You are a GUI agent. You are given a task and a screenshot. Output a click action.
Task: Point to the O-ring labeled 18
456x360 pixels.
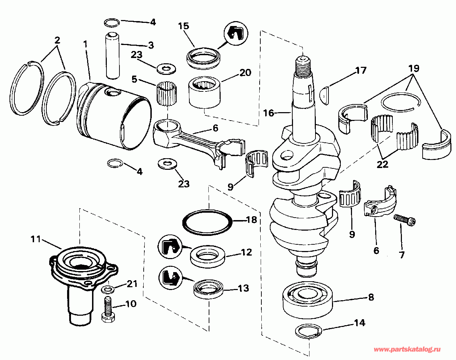tap(207, 223)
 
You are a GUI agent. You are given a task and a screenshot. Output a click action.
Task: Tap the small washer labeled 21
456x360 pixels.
tap(108, 289)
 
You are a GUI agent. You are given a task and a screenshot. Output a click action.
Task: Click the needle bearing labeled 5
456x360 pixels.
tap(167, 94)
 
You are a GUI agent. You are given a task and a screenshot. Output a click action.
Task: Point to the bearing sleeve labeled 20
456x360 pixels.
tap(204, 92)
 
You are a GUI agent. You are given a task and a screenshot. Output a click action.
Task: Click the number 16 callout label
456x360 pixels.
tap(269, 113)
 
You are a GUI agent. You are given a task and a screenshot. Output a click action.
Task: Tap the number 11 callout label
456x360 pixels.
tap(35, 239)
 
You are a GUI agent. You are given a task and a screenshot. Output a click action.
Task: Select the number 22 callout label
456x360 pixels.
tap(383, 164)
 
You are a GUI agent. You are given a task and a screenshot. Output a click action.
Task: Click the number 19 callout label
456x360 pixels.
tap(413, 68)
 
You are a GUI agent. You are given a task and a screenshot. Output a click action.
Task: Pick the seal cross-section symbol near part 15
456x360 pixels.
tap(236, 33)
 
